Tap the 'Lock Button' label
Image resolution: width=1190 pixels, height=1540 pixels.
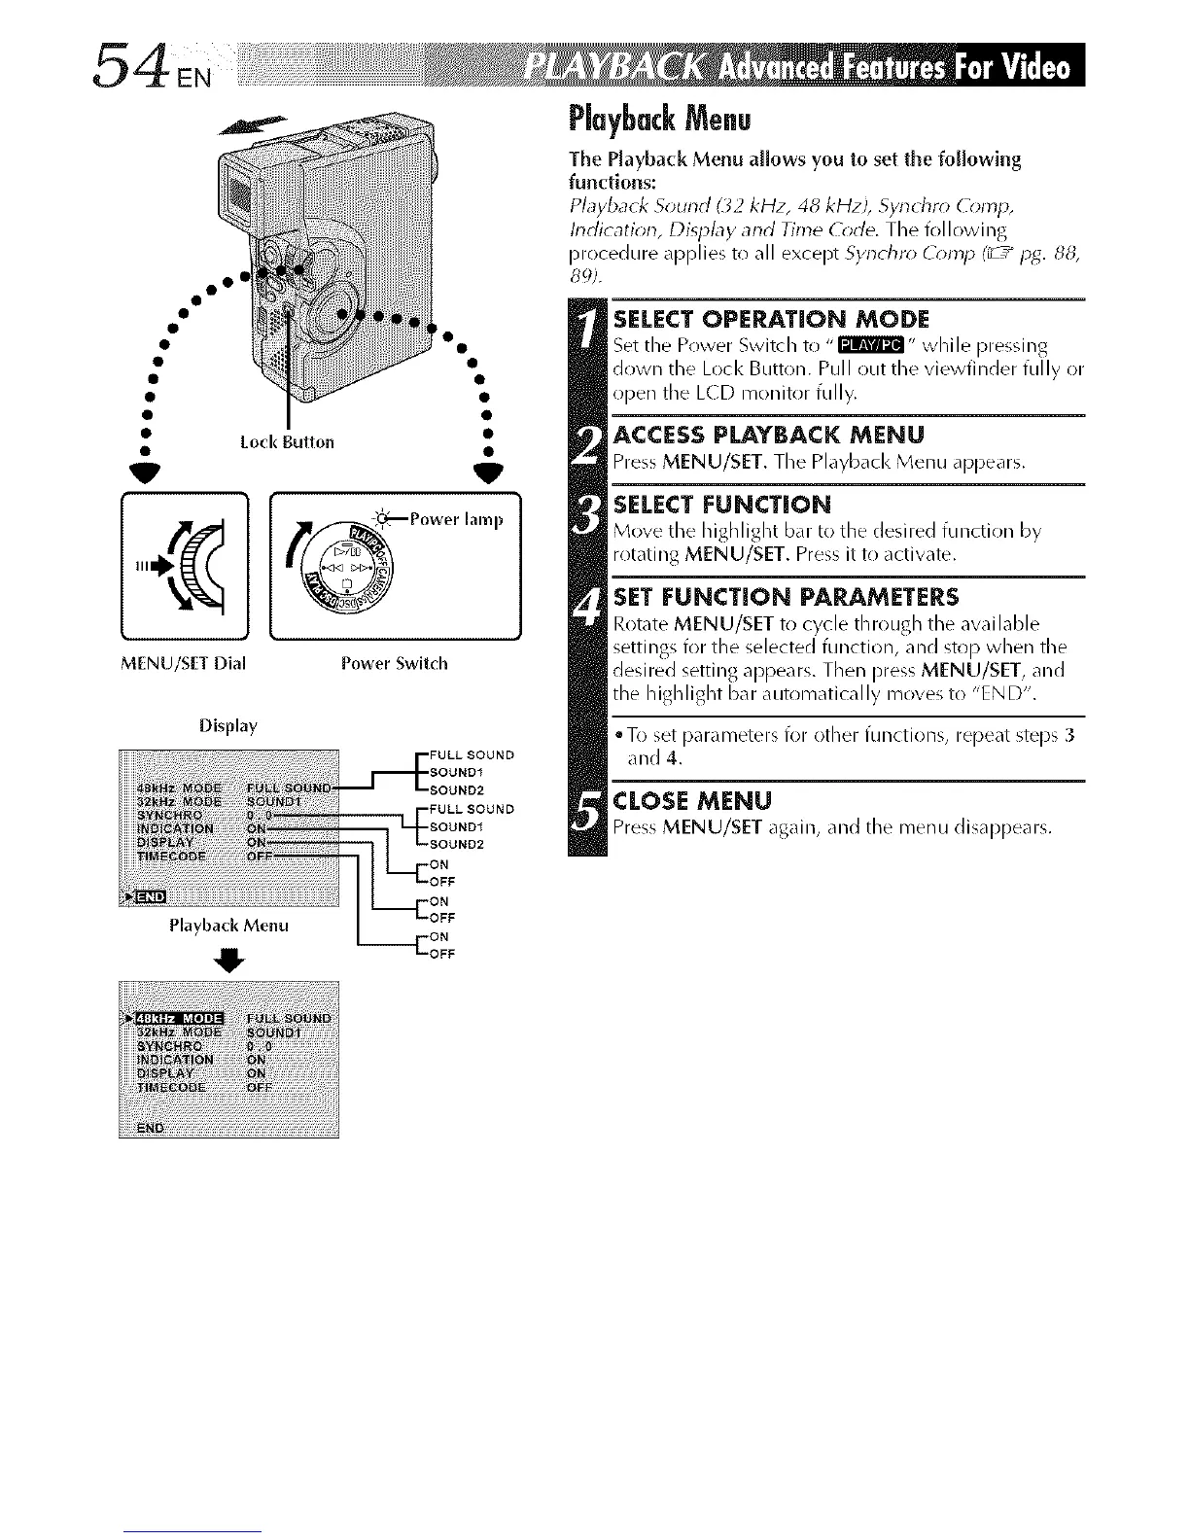pyautogui.click(x=287, y=442)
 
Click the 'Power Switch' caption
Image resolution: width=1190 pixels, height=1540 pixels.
pyautogui.click(x=395, y=664)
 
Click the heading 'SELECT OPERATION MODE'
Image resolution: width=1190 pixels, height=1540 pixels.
pyautogui.click(x=772, y=319)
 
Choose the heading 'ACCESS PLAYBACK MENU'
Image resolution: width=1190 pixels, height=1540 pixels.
pyautogui.click(x=769, y=434)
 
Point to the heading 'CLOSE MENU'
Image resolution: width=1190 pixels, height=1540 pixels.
pyautogui.click(x=693, y=800)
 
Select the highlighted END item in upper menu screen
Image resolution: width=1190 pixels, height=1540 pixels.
pyautogui.click(x=149, y=895)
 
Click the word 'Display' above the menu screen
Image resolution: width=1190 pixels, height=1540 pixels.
pyautogui.click(x=226, y=726)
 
